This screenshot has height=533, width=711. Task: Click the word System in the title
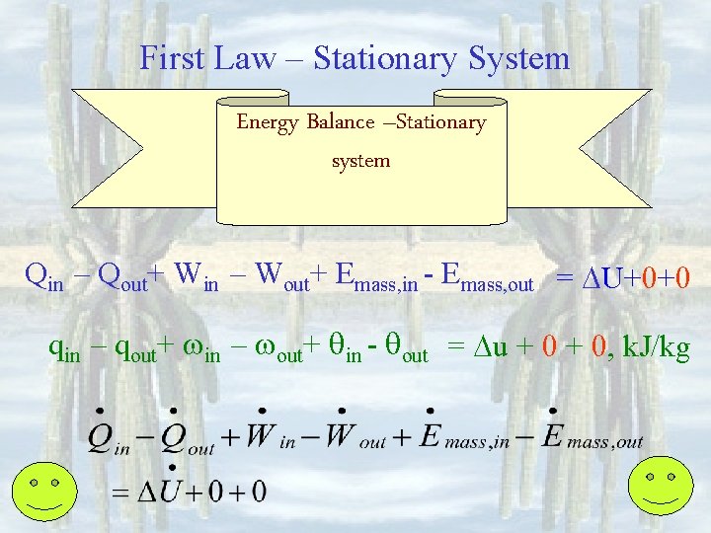518,58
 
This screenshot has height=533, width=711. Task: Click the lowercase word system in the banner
360,160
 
